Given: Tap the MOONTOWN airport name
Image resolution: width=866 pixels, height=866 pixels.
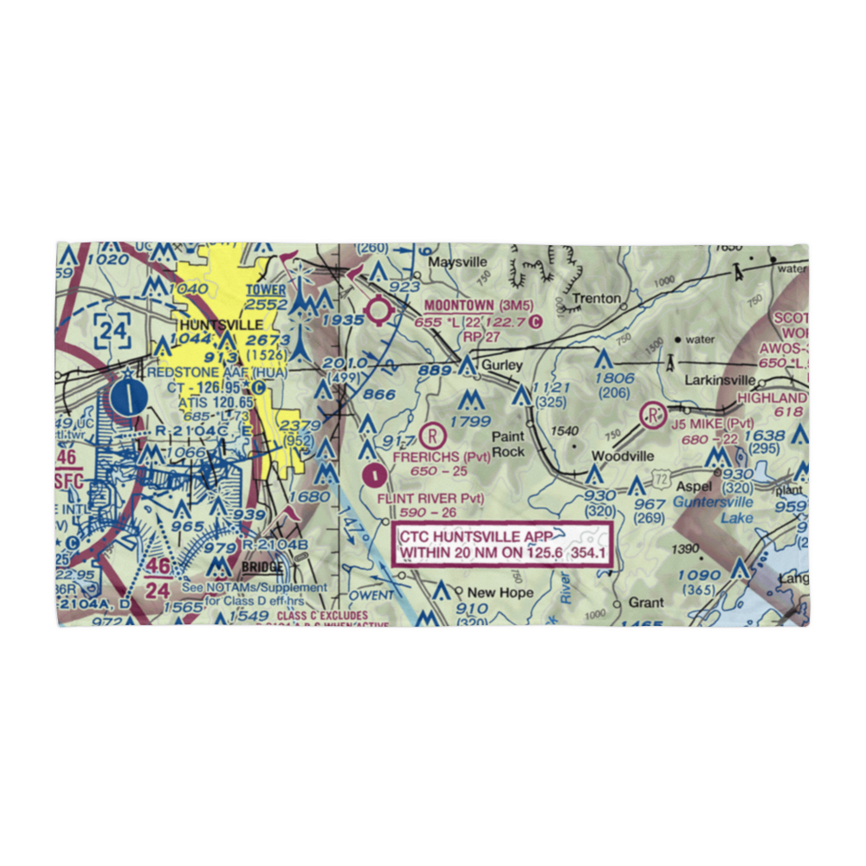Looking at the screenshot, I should coord(459,306).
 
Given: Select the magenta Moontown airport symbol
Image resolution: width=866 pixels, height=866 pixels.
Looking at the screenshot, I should coord(379,310).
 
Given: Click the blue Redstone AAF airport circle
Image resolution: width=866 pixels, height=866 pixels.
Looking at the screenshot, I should coord(128,398).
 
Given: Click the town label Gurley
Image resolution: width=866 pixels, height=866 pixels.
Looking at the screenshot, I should coord(502,365).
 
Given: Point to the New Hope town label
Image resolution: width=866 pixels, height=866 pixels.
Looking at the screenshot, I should coord(500,593).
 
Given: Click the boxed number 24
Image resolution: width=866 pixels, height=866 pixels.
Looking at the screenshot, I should coord(113,330).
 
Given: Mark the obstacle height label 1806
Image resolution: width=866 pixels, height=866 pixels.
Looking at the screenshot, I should coord(616,378).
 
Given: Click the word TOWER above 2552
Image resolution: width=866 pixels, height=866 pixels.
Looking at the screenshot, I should coord(266,290).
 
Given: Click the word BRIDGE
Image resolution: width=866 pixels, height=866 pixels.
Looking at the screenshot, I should coord(262,567).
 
